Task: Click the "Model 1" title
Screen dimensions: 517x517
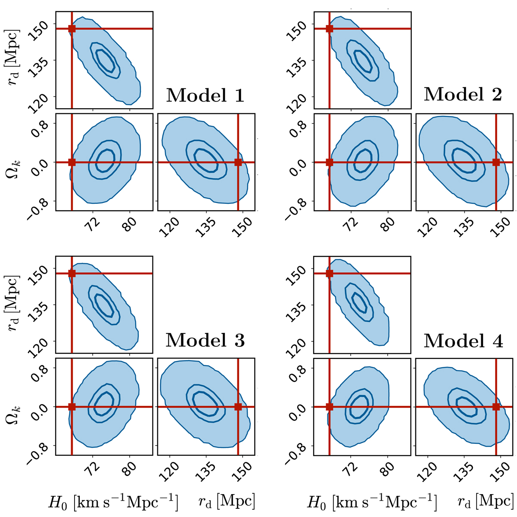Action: pyautogui.click(x=205, y=95)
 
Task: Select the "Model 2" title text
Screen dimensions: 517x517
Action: pyautogui.click(x=463, y=94)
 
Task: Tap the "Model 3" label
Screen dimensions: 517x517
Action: pyautogui.click(x=205, y=340)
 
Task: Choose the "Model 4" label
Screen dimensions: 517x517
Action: pyautogui.click(x=463, y=340)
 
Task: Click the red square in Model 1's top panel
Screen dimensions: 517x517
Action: pyautogui.click(x=72, y=29)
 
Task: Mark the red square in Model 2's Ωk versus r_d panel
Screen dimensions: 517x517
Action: pyautogui.click(x=496, y=162)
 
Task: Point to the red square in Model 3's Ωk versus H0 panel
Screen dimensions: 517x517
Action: pyautogui.click(x=72, y=407)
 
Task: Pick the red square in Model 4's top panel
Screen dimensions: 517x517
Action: pyautogui.click(x=330, y=273)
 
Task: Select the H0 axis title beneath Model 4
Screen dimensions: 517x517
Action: pyautogui.click(x=371, y=501)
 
